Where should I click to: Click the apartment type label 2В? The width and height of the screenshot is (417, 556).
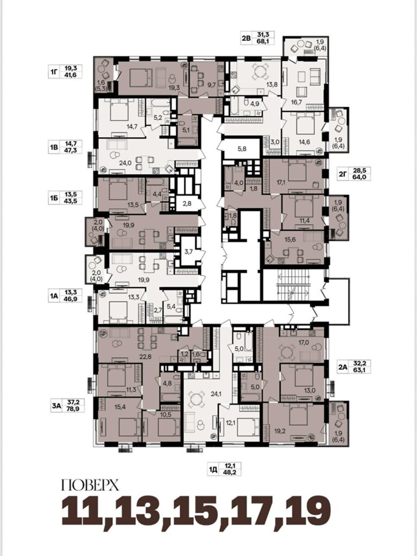(x=246, y=38)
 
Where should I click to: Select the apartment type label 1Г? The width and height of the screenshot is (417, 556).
(x=53, y=72)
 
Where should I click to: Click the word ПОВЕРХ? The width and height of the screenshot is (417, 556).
(x=90, y=485)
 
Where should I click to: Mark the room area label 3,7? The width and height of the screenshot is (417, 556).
(x=189, y=251)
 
